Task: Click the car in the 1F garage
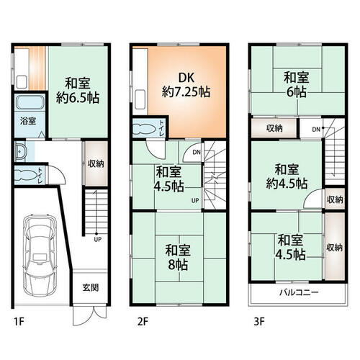pos(40,255)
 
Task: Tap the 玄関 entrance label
pos(91,287)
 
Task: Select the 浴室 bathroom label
pos(28,121)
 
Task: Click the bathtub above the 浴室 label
pos(30,102)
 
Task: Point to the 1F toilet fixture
pos(26,176)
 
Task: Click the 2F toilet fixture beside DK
pos(143,128)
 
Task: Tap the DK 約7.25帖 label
pos(186,85)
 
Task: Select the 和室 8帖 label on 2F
pos(178,257)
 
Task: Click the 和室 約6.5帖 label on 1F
pos(78,90)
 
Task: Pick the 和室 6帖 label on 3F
pos(297,84)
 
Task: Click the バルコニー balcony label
pos(299,292)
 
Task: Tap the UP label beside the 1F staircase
pos(98,239)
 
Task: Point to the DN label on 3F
pos(316,130)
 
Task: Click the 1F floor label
pos(19,322)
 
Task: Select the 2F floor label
pos(143,322)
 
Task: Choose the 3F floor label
pos(259,322)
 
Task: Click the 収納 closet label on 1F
pos(96,163)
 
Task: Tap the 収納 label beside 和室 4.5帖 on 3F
pos(334,248)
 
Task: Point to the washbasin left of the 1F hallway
pos(20,152)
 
